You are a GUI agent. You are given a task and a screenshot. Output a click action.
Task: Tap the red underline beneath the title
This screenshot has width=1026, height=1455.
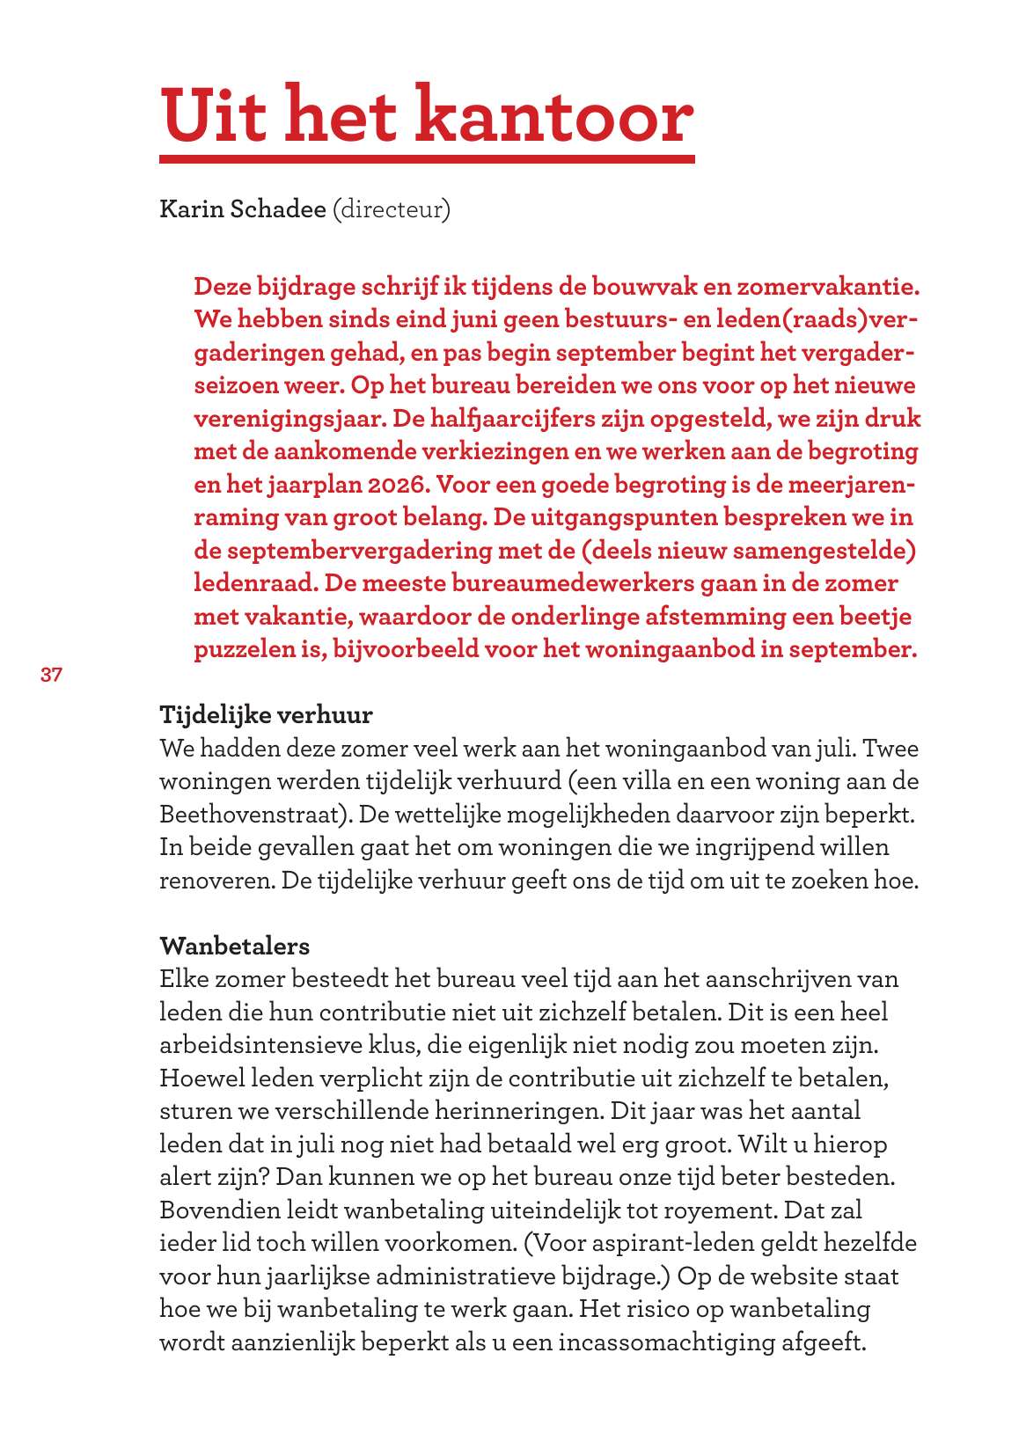pos(427,159)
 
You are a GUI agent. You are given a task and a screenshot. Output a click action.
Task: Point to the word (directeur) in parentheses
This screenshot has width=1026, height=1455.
pos(391,209)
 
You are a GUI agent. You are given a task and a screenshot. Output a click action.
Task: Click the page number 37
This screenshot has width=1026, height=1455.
pos(51,676)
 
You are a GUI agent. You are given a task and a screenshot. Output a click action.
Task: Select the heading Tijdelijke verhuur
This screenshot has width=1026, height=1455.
pos(266,714)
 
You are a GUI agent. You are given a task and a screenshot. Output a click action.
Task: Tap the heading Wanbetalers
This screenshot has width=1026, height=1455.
pos(234,947)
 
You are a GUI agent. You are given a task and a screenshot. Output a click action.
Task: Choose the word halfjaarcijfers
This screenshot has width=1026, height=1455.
pos(512,419)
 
